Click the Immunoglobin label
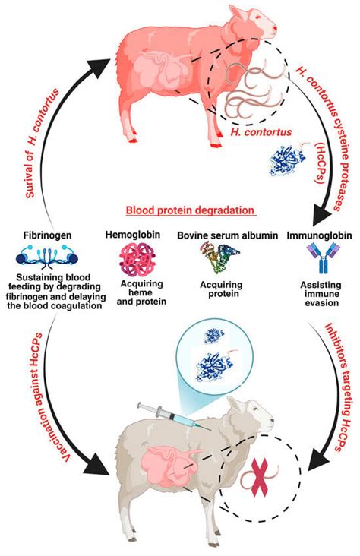[319, 236]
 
